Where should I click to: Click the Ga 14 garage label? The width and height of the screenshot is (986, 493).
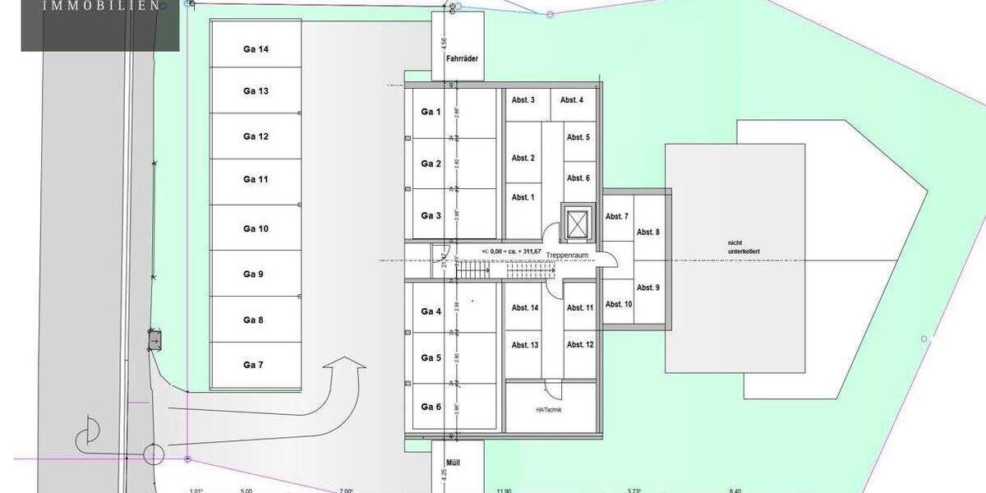tap(256, 49)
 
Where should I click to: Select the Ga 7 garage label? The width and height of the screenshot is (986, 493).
tap(253, 365)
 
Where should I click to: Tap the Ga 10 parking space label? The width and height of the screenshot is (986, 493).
tap(256, 228)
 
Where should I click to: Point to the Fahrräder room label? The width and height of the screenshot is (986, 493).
tap(462, 59)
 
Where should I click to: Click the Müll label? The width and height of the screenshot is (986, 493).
tap(454, 463)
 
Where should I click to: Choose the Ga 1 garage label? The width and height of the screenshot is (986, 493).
tap(431, 112)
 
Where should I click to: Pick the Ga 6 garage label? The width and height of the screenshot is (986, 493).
tap(431, 407)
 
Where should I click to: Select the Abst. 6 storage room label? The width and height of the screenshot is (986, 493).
tap(578, 178)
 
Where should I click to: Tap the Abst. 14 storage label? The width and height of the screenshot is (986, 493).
tap(524, 308)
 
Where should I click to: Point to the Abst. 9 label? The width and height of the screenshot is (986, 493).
tap(648, 288)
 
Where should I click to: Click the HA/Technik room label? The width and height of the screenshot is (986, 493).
tap(549, 409)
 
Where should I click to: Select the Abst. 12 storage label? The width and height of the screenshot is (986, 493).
tap(578, 344)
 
